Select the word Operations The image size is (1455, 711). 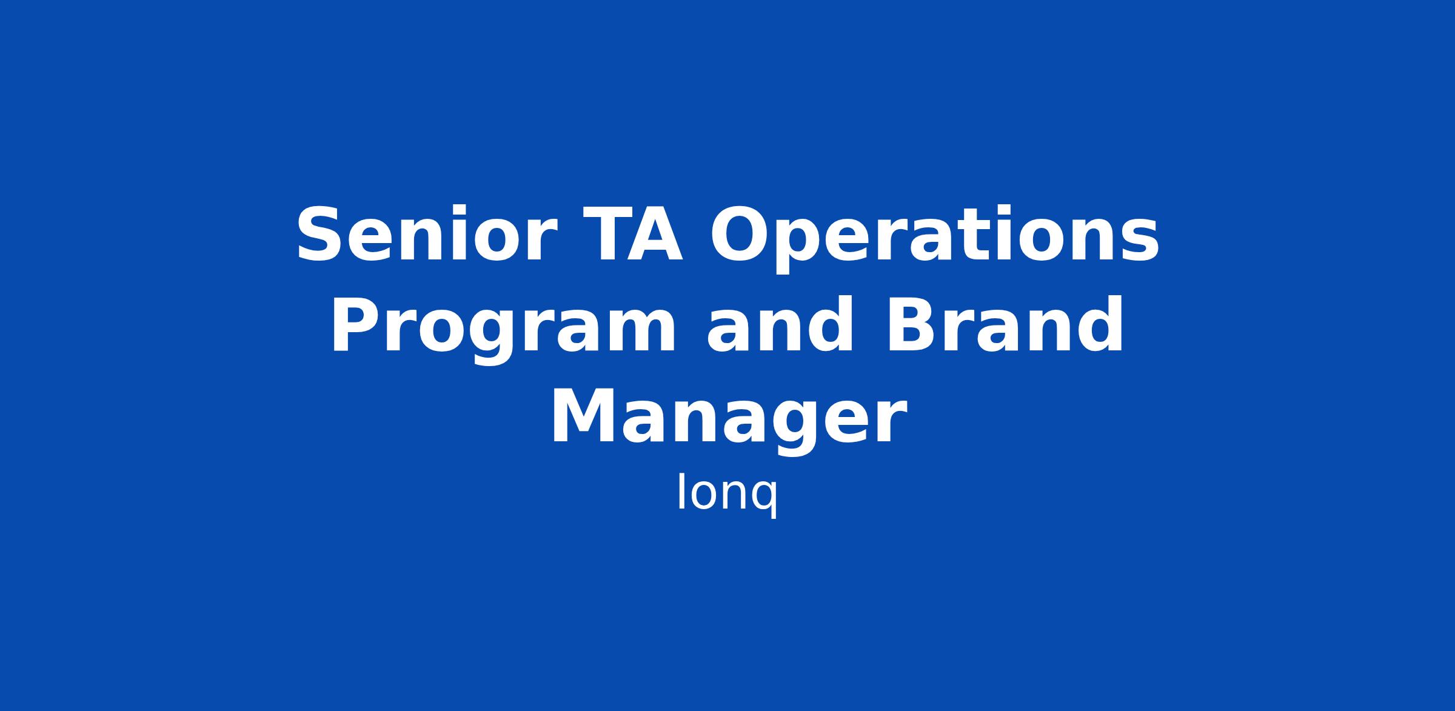(x=934, y=238)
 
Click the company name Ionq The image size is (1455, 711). (x=727, y=494)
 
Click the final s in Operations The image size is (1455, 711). (x=1140, y=242)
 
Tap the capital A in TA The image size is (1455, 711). (x=658, y=235)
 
